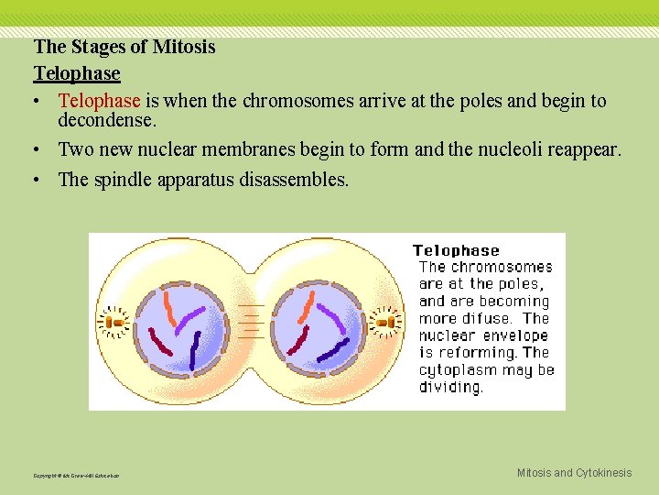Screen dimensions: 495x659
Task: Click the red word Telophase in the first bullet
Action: (99, 101)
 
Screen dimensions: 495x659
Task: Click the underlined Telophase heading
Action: (77, 72)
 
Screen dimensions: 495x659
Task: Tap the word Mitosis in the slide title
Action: (184, 47)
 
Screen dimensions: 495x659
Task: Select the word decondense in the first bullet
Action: (105, 120)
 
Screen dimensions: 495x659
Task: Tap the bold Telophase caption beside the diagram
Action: (456, 250)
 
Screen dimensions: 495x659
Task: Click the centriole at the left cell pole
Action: (115, 322)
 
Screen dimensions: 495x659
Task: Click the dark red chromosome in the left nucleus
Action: (161, 343)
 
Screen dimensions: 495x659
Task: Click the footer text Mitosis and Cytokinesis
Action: (574, 473)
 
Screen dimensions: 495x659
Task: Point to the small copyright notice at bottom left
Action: (75, 475)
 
